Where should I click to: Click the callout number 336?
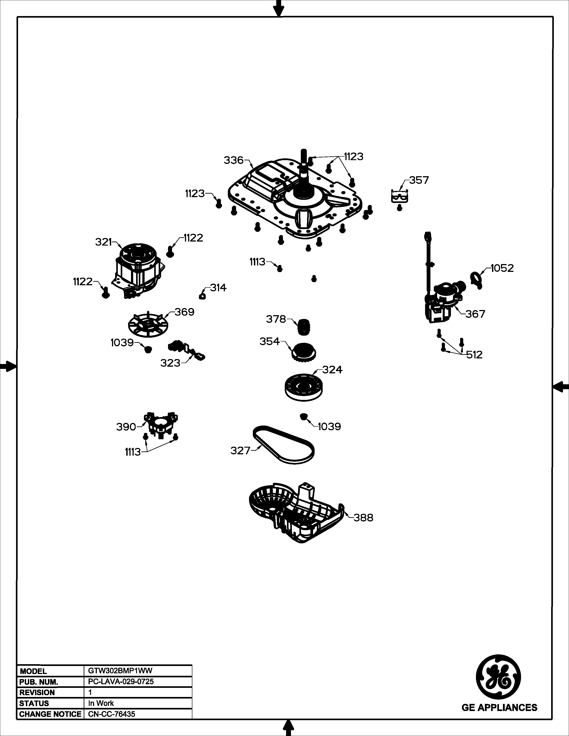[x=233, y=160]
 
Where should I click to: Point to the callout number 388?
[x=363, y=518]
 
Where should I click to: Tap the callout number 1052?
[x=502, y=268]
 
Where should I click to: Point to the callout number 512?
[x=474, y=355]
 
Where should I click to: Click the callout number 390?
[x=126, y=427]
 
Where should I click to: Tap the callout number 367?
[x=475, y=314]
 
